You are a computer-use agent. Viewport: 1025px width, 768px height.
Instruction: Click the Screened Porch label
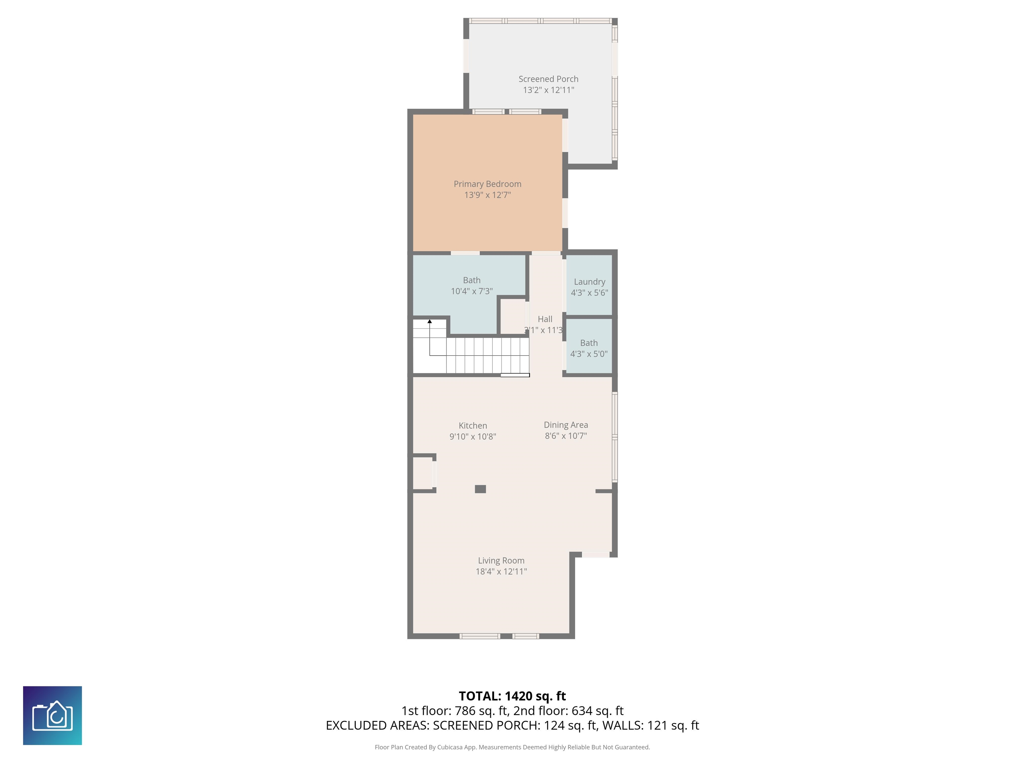click(x=548, y=79)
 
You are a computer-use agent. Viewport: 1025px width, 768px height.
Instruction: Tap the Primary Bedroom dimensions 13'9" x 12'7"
click(x=487, y=195)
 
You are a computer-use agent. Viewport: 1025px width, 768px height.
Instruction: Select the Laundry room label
click(x=590, y=282)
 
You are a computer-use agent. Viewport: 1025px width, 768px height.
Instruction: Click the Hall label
click(x=545, y=319)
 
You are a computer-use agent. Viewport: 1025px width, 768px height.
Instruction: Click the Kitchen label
click(x=473, y=425)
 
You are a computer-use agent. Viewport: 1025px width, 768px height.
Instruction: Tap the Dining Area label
click(x=566, y=425)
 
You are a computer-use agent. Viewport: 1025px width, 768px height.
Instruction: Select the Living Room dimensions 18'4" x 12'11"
click(x=501, y=571)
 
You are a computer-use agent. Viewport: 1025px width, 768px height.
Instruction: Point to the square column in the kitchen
click(x=480, y=489)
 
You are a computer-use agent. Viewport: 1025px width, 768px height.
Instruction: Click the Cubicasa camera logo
click(x=52, y=715)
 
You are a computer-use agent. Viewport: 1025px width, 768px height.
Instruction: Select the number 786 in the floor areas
click(x=464, y=711)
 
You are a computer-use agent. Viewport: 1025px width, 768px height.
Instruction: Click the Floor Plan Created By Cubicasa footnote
click(x=512, y=747)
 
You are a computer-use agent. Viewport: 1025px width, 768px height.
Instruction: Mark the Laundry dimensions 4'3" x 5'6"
click(x=590, y=293)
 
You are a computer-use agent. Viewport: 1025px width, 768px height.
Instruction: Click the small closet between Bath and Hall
click(x=512, y=317)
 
